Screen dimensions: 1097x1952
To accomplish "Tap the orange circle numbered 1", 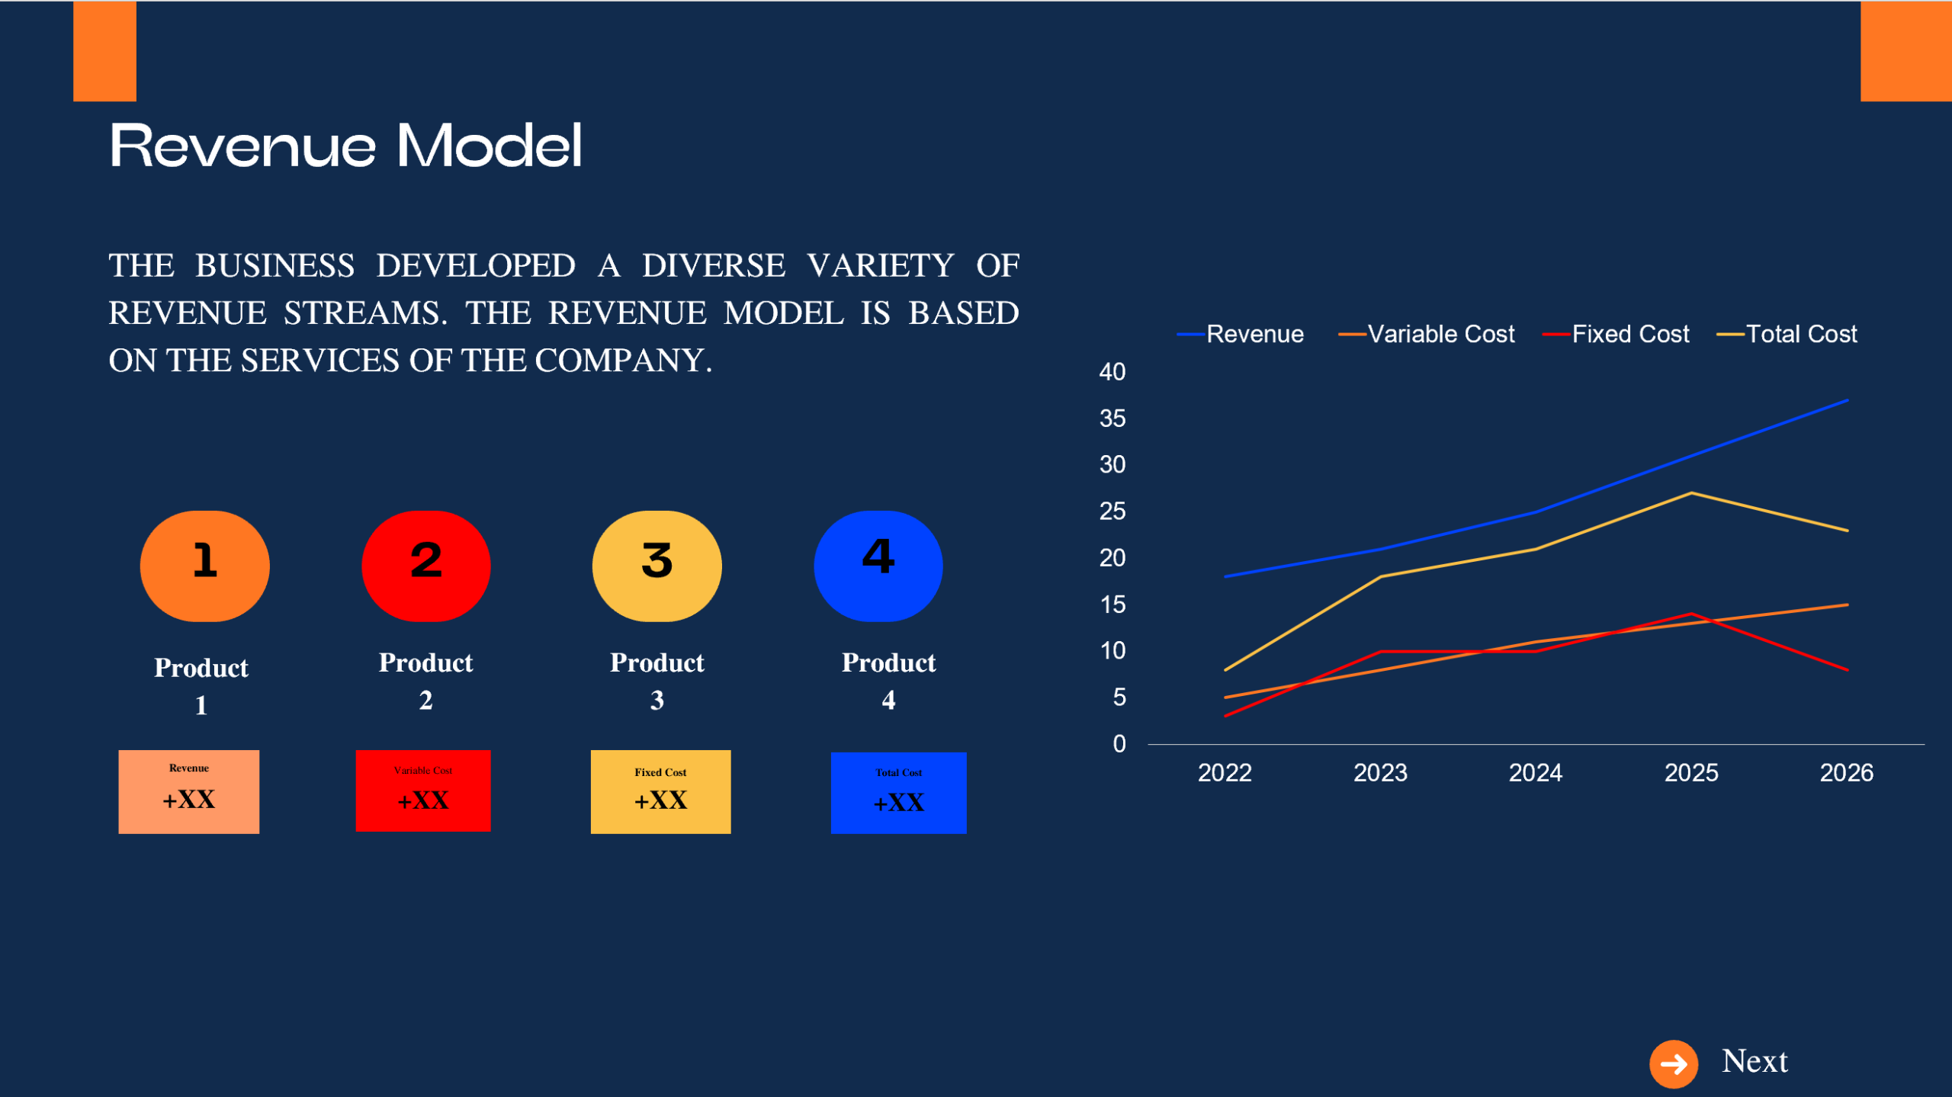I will [204, 566].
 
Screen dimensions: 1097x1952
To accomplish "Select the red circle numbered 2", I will [425, 566].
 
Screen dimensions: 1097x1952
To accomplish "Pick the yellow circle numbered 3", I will [657, 566].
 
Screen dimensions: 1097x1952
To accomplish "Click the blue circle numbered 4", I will [878, 566].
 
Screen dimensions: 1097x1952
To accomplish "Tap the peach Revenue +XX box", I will [188, 791].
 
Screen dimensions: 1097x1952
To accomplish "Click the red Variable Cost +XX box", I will [422, 791].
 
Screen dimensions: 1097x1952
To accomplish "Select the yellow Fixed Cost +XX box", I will [660, 791].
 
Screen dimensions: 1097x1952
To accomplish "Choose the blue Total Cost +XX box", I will [898, 793].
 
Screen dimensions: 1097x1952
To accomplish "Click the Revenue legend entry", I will [1254, 334].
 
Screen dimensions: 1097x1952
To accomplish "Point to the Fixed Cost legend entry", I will [1629, 334].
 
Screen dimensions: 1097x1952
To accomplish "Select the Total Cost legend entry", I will [1800, 334].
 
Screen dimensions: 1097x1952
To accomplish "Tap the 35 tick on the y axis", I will [1112, 419].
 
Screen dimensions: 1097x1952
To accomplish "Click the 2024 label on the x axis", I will [1535, 773].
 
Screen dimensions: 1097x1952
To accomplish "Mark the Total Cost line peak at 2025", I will [1691, 493].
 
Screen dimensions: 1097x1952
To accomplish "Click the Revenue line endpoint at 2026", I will [1846, 400].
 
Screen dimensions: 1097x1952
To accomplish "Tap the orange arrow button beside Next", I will [1673, 1063].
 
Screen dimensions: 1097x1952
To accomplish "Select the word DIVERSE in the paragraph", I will [713, 265].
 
